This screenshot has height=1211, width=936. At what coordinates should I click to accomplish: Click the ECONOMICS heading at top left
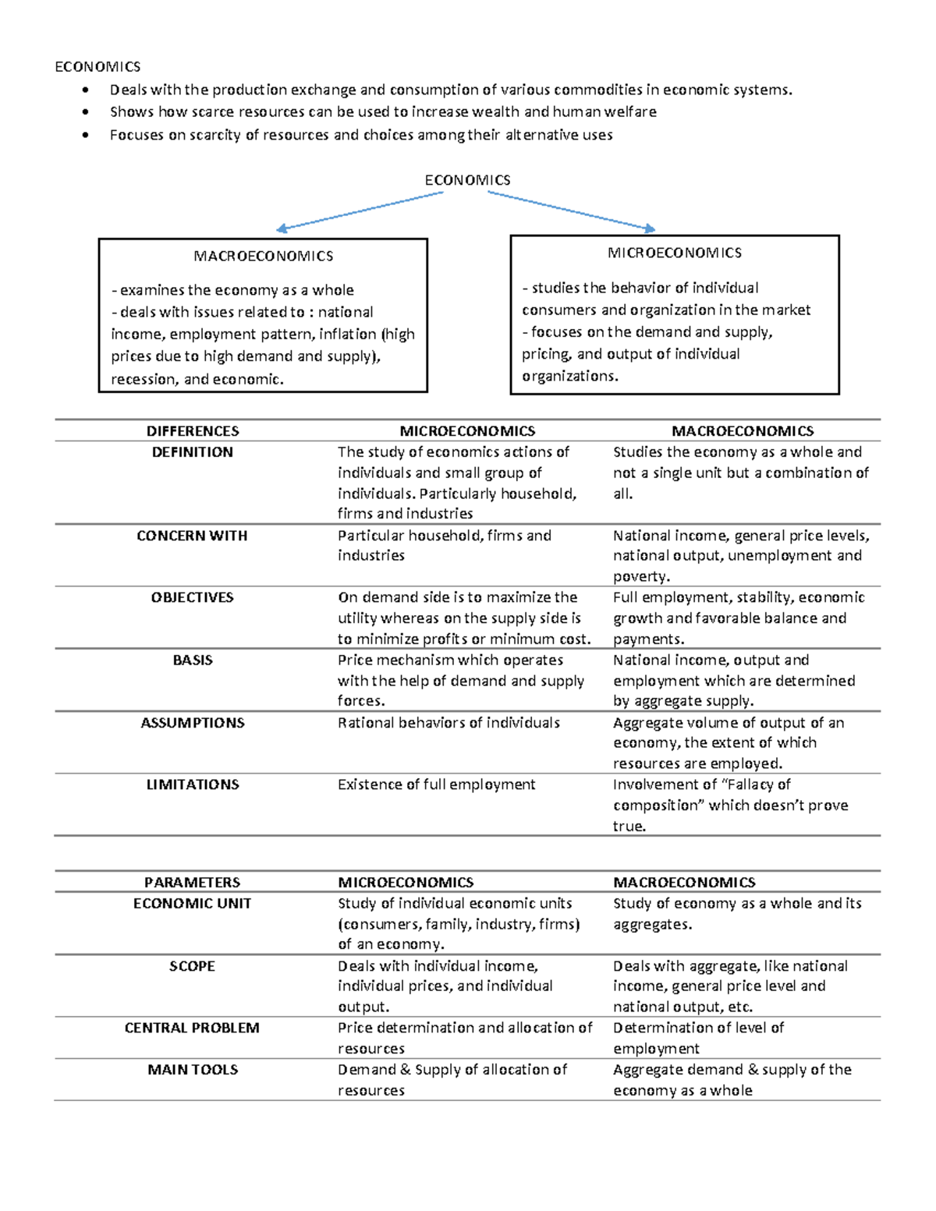coord(97,66)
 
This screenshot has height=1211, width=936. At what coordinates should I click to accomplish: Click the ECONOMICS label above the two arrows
coord(467,180)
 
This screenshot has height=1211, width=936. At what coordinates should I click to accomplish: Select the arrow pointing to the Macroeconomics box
coord(360,211)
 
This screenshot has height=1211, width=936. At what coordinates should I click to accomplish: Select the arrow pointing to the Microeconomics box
coord(571,211)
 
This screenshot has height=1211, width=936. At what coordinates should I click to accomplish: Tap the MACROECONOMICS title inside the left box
coord(263,256)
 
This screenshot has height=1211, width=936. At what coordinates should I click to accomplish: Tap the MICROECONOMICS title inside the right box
coord(675,253)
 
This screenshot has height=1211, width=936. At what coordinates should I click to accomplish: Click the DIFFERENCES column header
coord(193,431)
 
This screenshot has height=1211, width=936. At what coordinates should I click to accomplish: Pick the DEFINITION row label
coord(193,452)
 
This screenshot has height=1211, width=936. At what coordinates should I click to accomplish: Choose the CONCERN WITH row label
coord(192,536)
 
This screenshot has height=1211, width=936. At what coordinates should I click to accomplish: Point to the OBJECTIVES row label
coord(193,597)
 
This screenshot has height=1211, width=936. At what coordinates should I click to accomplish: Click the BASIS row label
coord(193,660)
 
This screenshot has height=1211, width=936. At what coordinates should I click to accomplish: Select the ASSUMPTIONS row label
coord(193,723)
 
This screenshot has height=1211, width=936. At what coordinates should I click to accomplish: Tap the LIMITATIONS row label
coord(193,784)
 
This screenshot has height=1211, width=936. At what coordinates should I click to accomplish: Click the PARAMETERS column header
coord(192,883)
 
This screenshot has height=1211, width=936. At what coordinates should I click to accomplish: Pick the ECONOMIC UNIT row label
coord(192,904)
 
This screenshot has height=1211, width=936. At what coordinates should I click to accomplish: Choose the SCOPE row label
coord(192,966)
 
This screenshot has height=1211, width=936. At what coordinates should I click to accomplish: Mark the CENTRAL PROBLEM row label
coord(192,1028)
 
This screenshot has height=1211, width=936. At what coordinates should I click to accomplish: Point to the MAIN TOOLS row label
coord(193,1070)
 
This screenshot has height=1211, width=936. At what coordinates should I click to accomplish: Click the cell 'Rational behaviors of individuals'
coord(448,723)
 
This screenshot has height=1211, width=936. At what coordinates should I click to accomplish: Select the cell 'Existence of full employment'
coord(436,784)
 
